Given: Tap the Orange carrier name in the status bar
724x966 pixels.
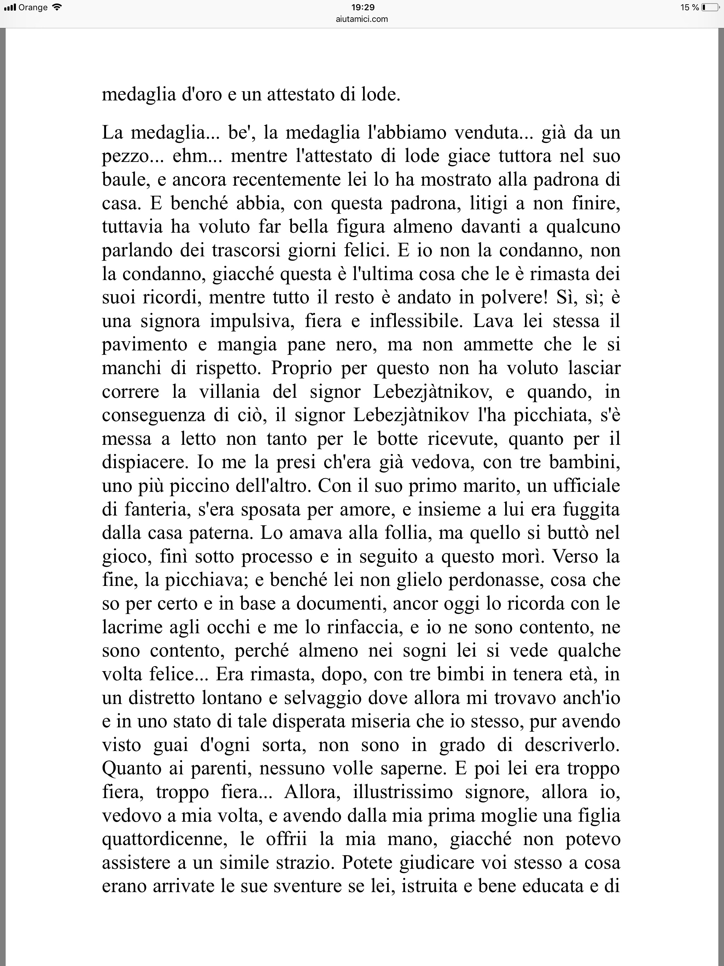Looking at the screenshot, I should tap(33, 7).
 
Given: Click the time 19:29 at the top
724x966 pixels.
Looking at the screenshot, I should tap(362, 7).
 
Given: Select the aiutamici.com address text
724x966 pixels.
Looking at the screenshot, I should tap(362, 19).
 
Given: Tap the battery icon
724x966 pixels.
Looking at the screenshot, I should tap(711, 7).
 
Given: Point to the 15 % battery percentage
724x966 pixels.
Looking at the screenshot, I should tap(689, 7).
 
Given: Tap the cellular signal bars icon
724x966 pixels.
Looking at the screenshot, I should tap(10, 7).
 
